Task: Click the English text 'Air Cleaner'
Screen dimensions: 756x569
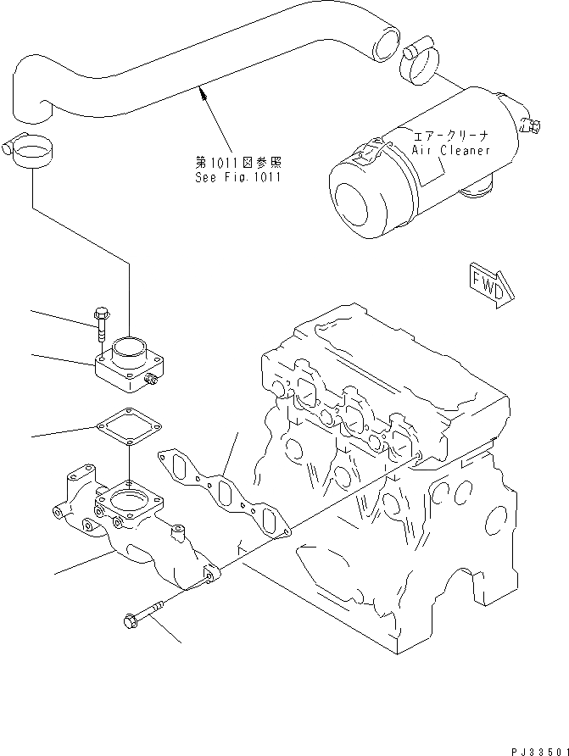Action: click(451, 150)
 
